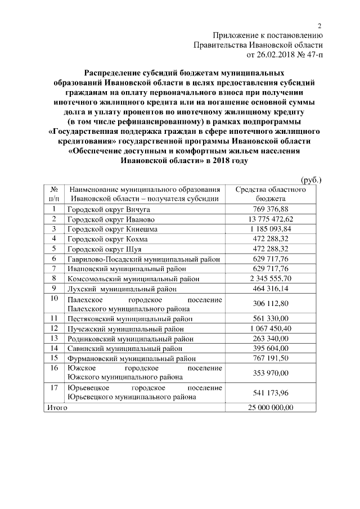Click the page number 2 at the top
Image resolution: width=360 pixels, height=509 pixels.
point(319,26)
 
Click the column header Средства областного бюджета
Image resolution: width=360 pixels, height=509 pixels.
point(270,194)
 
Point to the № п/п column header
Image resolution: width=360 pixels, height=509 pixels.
point(54,194)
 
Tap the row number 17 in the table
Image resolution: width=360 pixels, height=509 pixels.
point(54,388)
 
